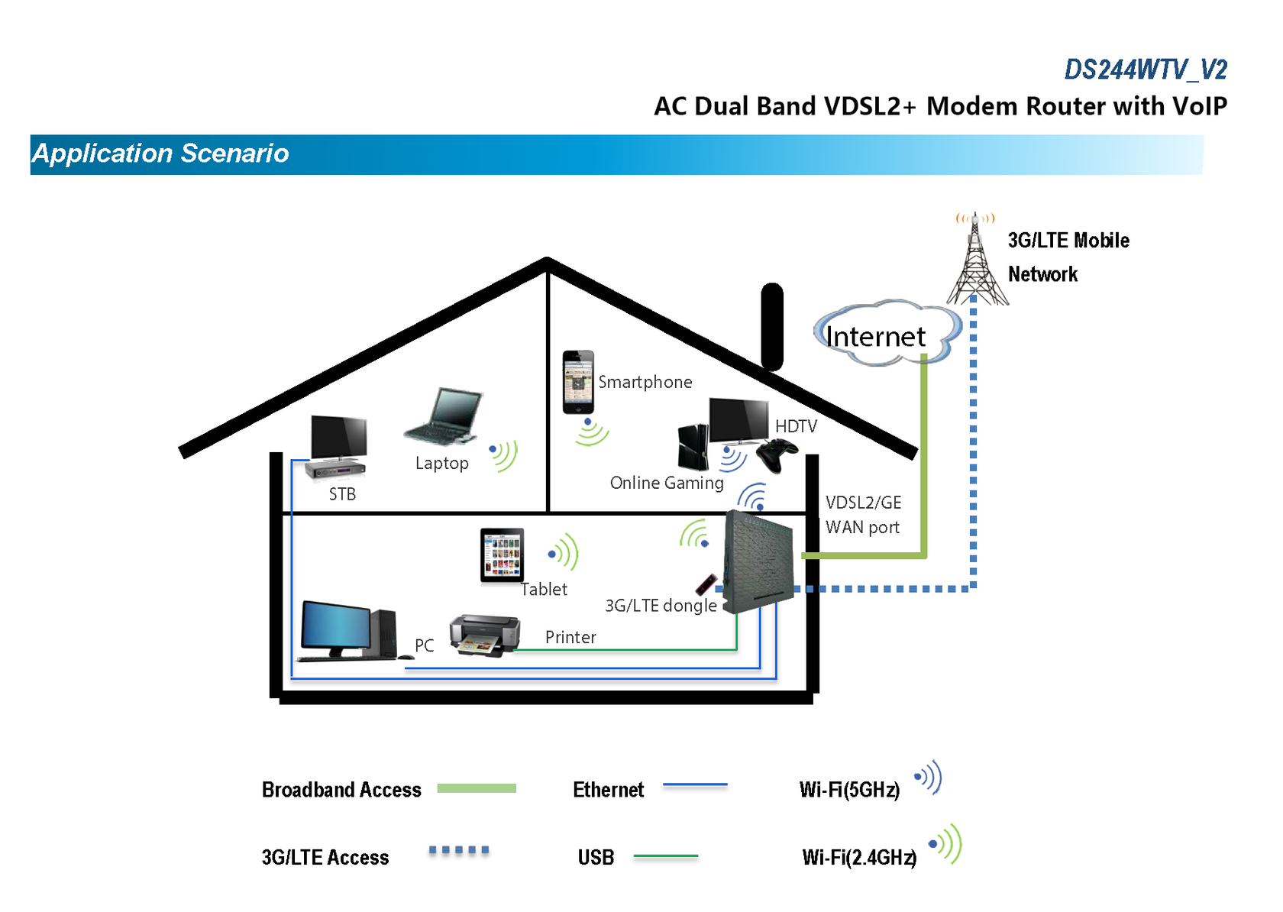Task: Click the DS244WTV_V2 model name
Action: pos(1145,70)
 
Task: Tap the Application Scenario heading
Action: pos(160,154)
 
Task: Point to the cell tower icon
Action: pos(976,264)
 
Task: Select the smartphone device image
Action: pos(578,382)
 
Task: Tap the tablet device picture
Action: pos(502,556)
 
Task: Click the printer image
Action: pos(484,634)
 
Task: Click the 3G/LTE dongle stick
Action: pos(706,585)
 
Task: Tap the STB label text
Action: pos(342,494)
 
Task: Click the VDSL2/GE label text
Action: pos(863,503)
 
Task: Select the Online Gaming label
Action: pos(666,483)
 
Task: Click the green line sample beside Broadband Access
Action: pos(477,788)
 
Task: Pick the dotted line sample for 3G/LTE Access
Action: pos(458,850)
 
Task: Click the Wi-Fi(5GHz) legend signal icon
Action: pos(929,778)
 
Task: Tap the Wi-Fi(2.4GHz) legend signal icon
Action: pos(946,844)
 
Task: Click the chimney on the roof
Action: pos(772,326)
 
